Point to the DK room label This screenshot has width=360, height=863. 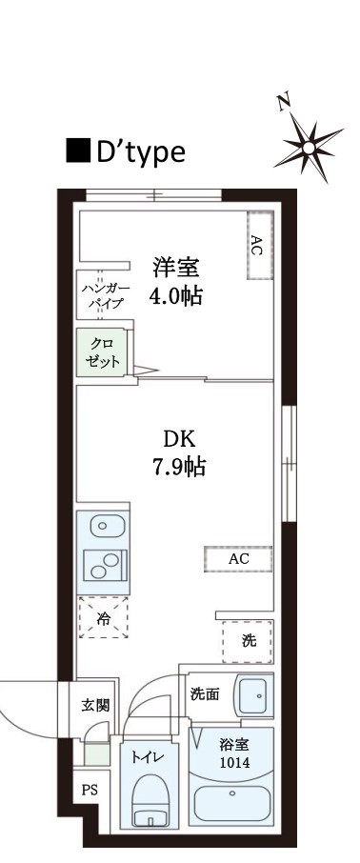(x=178, y=440)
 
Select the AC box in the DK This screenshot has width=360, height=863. (x=238, y=559)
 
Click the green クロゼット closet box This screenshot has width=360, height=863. (x=101, y=352)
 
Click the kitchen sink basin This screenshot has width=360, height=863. (x=102, y=525)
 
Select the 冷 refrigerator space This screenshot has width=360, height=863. (x=103, y=618)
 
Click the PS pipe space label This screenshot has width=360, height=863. (x=90, y=790)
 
